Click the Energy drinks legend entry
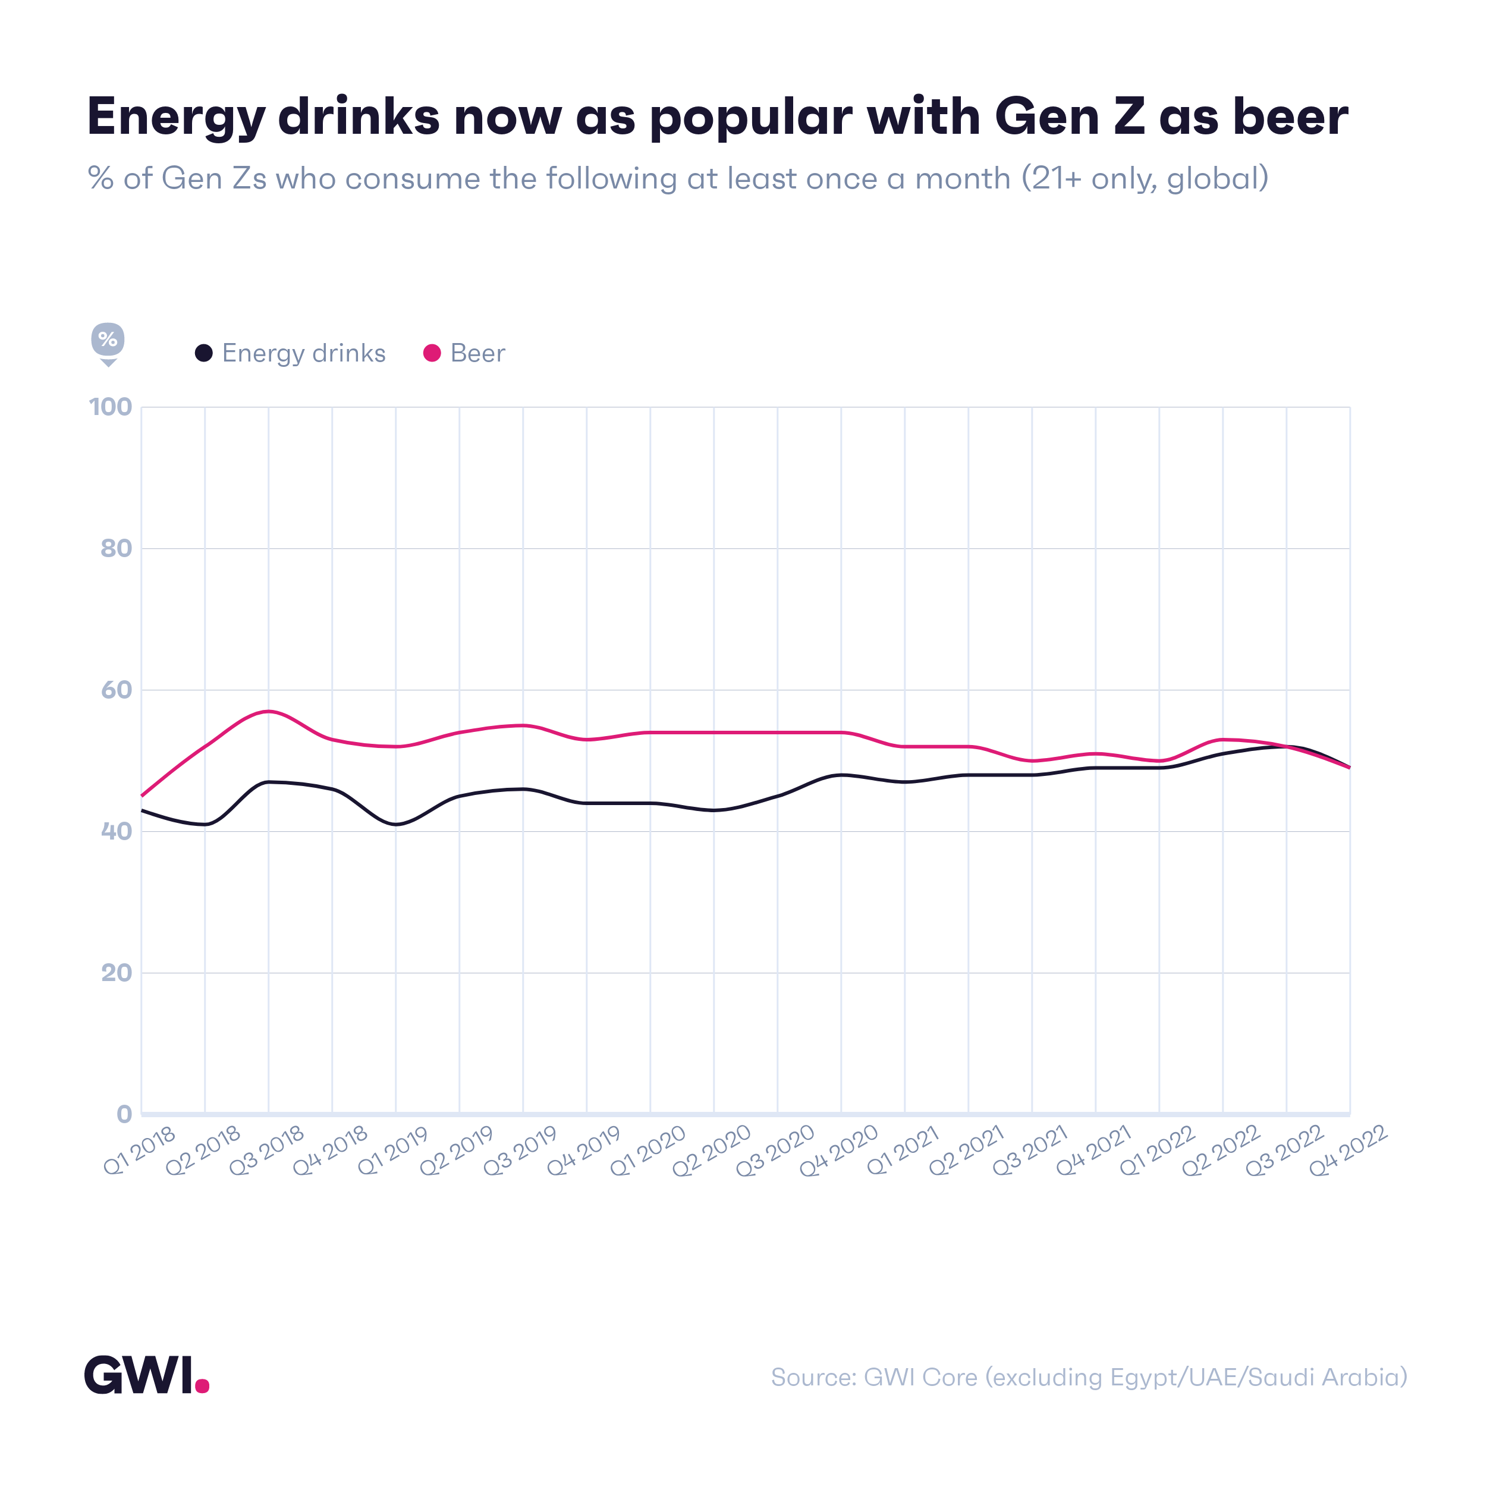tap(291, 353)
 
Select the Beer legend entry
tap(464, 353)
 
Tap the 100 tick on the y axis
tap(111, 407)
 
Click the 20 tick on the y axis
tap(117, 973)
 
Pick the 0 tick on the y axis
tap(124, 1114)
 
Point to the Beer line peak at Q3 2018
tap(268, 711)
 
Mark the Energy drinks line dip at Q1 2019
tap(395, 825)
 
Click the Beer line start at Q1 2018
tap(142, 795)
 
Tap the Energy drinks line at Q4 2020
tap(841, 774)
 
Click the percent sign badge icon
tap(108, 340)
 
